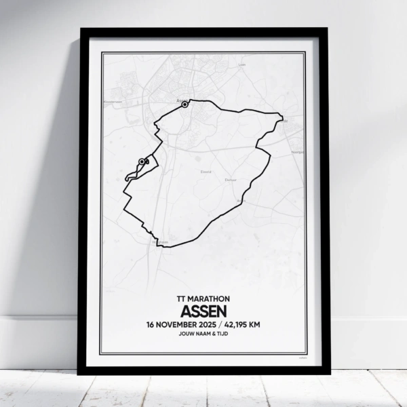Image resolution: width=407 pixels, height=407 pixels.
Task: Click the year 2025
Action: (x=212, y=324)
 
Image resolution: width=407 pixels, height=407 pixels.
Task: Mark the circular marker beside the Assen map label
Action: (x=185, y=104)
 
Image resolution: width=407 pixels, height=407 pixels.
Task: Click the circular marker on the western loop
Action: (x=142, y=161)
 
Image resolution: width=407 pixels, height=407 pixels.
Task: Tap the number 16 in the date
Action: (x=151, y=324)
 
